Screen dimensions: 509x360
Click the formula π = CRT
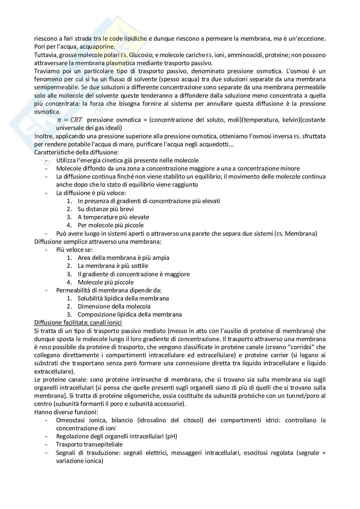pyautogui.click(x=70, y=120)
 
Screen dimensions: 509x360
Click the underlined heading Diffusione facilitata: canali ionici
pyautogui.click(x=78, y=322)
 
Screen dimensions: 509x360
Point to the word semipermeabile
pyautogui.click(x=53, y=87)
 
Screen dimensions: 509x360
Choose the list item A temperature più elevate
pyautogui.click(x=113, y=217)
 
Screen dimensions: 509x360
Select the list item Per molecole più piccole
pyautogui.click(x=111, y=225)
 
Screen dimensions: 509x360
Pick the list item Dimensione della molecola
pyautogui.click(x=114, y=306)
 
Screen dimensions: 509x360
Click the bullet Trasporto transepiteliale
pyautogui.click(x=89, y=445)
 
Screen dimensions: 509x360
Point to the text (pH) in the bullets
pyautogui.click(x=171, y=436)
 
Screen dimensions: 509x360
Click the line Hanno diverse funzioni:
pyautogui.click(x=66, y=412)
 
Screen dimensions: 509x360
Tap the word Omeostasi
pyautogui.click(x=70, y=420)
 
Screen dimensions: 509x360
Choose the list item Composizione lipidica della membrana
pyautogui.click(x=130, y=314)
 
